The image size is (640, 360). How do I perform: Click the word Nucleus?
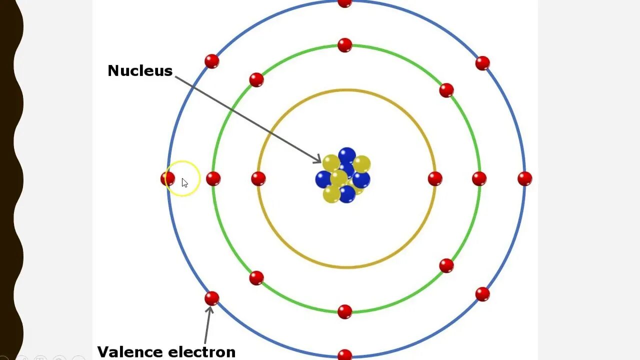pyautogui.click(x=140, y=70)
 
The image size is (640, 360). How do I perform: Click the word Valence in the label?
pyautogui.click(x=129, y=351)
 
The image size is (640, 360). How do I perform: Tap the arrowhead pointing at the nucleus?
pyautogui.click(x=317, y=159)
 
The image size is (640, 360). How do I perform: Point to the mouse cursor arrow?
pyautogui.click(x=184, y=183)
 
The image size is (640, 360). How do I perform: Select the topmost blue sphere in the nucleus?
pyautogui.click(x=346, y=155)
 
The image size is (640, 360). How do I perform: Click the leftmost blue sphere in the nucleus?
pyautogui.click(x=323, y=179)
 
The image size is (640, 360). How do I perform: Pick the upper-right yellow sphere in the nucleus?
pyautogui.click(x=361, y=164)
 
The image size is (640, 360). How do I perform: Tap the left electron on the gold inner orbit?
pyautogui.click(x=258, y=178)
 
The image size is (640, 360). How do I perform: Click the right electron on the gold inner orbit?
pyautogui.click(x=435, y=178)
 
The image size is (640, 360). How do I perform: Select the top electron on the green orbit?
pyautogui.click(x=344, y=45)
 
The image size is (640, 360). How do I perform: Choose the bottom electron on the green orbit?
pyautogui.click(x=344, y=311)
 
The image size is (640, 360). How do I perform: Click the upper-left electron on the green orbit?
pyautogui.click(x=256, y=79)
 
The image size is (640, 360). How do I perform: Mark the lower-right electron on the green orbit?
pyautogui.click(x=446, y=265)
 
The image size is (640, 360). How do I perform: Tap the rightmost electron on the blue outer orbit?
pyautogui.click(x=524, y=178)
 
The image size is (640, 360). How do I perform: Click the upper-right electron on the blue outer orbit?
pyautogui.click(x=482, y=63)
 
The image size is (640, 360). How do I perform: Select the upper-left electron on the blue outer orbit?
pyautogui.click(x=212, y=61)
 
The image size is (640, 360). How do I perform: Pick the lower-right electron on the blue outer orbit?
pyautogui.click(x=482, y=294)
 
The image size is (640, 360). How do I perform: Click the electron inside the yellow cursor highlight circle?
pyautogui.click(x=168, y=178)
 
